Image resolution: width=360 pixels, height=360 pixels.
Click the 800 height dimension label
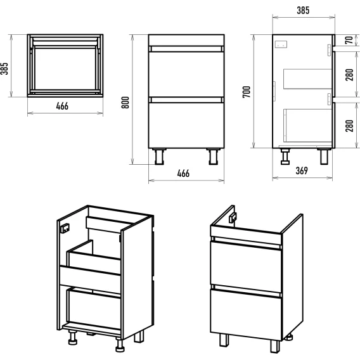pos(125,103)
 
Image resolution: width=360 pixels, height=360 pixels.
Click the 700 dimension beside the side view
pos(247,92)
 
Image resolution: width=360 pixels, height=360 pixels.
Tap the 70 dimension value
pos(349,40)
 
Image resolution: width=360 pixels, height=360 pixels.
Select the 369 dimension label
pos(302,170)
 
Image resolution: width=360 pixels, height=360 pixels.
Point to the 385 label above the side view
pos(303,10)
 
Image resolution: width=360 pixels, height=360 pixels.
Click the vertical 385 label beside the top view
pos(4,68)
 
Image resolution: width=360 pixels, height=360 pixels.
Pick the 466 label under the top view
pos(62,106)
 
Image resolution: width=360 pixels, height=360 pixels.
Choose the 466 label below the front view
pos(183,174)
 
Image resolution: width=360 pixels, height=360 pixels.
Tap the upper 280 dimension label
pos(349,75)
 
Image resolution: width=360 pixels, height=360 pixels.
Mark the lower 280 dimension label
pos(349,126)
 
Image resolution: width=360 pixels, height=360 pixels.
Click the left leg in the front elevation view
pos(159,157)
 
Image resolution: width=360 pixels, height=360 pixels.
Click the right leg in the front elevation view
pos(214,157)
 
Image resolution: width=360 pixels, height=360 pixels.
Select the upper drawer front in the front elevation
pos(186,74)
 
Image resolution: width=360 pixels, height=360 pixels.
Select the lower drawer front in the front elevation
pos(186,125)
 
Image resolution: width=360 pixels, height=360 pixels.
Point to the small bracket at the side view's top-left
pos(281,44)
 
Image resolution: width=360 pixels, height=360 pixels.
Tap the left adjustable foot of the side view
pos(285,157)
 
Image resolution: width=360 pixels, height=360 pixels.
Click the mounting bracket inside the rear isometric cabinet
pos(65,228)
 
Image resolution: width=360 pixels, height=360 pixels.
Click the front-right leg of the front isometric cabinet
pos(275,346)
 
